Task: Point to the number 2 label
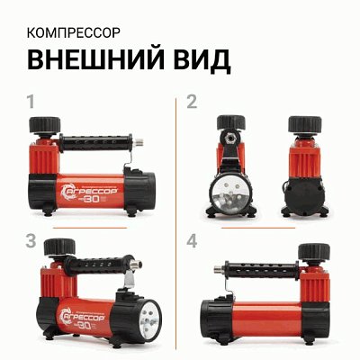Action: pyautogui.click(x=192, y=101)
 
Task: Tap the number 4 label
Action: pyautogui.click(x=192, y=240)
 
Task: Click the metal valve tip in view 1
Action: pyautogui.click(x=144, y=142)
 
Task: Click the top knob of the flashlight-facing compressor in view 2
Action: pyautogui.click(x=229, y=124)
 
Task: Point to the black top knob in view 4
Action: pyautogui.click(x=312, y=254)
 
